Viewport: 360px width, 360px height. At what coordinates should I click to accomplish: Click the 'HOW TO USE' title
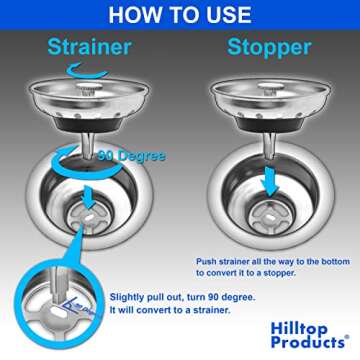pyautogui.click(x=180, y=14)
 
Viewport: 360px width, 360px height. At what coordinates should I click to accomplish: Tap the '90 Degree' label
pyautogui.click(x=130, y=155)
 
